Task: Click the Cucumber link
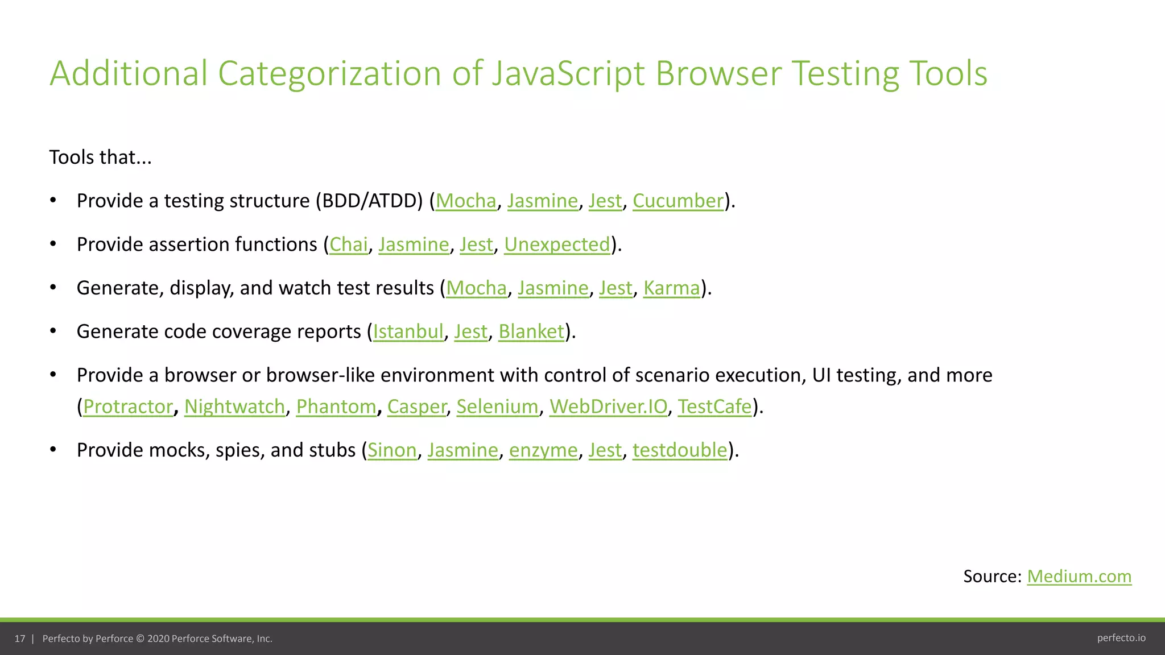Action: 678,201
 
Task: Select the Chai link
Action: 349,244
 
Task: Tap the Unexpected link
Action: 557,244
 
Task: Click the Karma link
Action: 671,288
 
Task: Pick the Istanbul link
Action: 408,331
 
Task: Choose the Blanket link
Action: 531,331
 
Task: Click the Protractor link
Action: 128,407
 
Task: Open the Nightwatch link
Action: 234,407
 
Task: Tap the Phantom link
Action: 336,407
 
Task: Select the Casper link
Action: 417,407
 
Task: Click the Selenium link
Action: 497,407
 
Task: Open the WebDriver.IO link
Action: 608,407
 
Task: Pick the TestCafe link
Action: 714,407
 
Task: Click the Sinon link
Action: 392,450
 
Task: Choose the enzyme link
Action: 543,450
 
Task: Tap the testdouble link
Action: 680,450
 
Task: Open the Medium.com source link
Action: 1079,577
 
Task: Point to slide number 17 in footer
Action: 20,639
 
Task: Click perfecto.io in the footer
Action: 1121,638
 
